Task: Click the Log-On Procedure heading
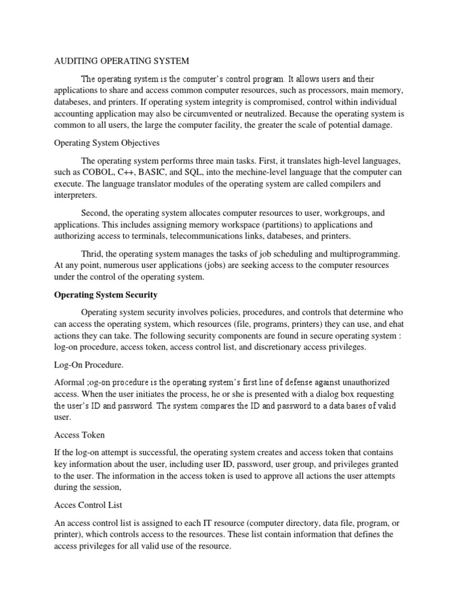[87, 364]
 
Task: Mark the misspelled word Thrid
[92, 254]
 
